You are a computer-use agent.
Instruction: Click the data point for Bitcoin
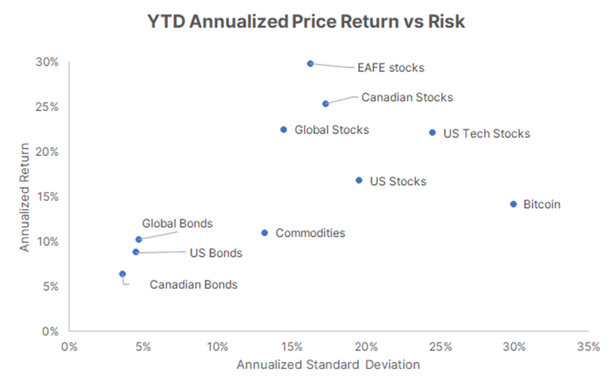click(514, 204)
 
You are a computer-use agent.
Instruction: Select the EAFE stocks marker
click(310, 63)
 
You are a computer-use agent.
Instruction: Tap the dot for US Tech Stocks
click(432, 133)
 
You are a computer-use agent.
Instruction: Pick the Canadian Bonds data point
click(123, 274)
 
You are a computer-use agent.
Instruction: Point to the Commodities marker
click(265, 233)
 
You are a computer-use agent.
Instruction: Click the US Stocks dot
click(359, 181)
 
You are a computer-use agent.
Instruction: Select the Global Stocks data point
click(284, 129)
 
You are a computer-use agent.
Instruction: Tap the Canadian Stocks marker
click(326, 103)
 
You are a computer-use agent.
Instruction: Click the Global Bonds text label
click(178, 224)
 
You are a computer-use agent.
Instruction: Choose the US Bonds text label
click(216, 253)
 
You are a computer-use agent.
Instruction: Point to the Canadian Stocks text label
click(407, 97)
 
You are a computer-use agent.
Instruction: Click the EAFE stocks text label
click(391, 67)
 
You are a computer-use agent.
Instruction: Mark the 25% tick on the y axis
click(47, 107)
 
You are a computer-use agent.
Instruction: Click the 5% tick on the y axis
click(51, 286)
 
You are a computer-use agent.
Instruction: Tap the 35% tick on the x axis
click(589, 347)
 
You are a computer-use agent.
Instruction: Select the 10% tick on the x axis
click(218, 347)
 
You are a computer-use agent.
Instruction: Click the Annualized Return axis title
click(25, 197)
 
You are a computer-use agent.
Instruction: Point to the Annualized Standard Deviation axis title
click(328, 365)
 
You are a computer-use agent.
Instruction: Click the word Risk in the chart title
click(446, 21)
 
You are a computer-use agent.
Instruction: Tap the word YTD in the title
click(166, 21)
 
